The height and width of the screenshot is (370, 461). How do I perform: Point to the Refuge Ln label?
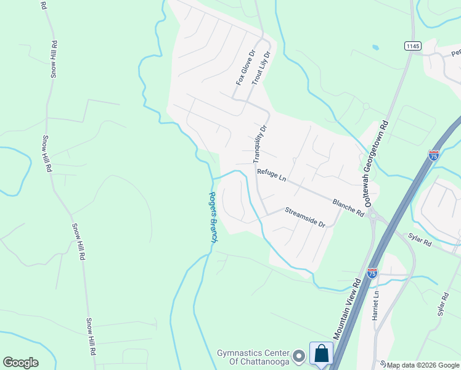click(x=272, y=176)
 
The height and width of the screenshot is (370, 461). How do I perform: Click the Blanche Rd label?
click(x=348, y=207)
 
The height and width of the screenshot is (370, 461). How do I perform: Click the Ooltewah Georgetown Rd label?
click(x=377, y=162)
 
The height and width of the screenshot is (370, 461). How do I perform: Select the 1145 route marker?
click(x=412, y=46)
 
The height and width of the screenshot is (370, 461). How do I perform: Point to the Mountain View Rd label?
click(x=347, y=308)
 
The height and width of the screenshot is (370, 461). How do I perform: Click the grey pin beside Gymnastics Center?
click(x=299, y=356)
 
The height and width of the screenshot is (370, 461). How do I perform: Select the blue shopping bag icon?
click(x=321, y=354)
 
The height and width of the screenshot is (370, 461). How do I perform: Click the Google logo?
click(x=20, y=363)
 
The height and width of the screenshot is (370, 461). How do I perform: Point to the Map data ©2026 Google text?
click(x=423, y=365)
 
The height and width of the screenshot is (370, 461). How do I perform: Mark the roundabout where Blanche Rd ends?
click(x=372, y=216)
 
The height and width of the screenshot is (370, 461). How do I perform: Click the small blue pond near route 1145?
click(x=375, y=47)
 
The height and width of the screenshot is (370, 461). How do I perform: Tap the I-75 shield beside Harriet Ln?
click(x=372, y=272)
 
